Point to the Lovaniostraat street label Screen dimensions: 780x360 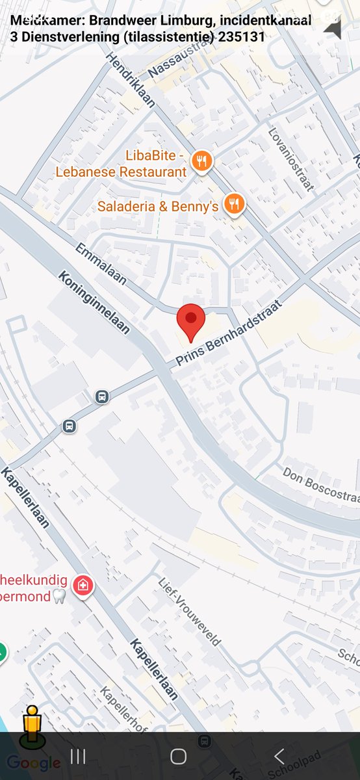point(291,159)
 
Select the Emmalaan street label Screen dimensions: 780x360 point(101,264)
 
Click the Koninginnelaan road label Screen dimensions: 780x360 point(94,302)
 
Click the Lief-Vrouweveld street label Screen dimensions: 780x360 point(189,611)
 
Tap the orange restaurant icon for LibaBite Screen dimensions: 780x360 point(203,162)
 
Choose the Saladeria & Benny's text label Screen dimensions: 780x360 point(158,207)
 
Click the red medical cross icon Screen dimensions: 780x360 point(83,585)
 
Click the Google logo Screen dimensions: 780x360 point(34,763)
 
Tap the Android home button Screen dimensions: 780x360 point(179,756)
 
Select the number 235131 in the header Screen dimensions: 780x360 point(242,37)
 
